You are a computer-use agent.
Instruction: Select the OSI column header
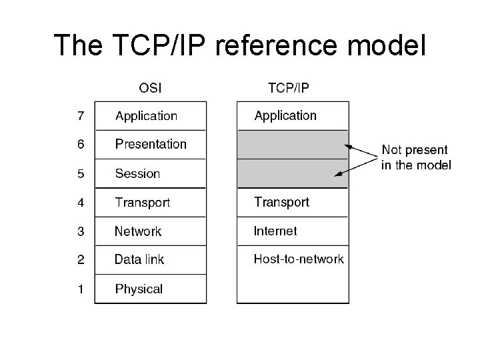150,87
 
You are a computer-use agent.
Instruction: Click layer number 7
81,116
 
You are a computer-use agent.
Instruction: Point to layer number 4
81,202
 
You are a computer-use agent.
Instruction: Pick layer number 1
81,289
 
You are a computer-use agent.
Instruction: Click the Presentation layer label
151,144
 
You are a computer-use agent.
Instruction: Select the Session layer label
137,173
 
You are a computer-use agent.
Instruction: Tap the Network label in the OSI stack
138,231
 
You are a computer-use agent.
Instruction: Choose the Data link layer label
139,260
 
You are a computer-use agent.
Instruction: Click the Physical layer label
139,289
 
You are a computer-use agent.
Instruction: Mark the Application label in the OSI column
146,116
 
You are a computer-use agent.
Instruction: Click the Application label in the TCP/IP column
285,116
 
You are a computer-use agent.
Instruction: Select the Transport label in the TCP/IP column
281,202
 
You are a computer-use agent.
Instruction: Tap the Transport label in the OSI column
142,202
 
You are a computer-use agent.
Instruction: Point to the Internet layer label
275,231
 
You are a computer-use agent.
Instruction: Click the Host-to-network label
299,259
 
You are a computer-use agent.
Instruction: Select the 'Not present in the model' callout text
415,158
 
